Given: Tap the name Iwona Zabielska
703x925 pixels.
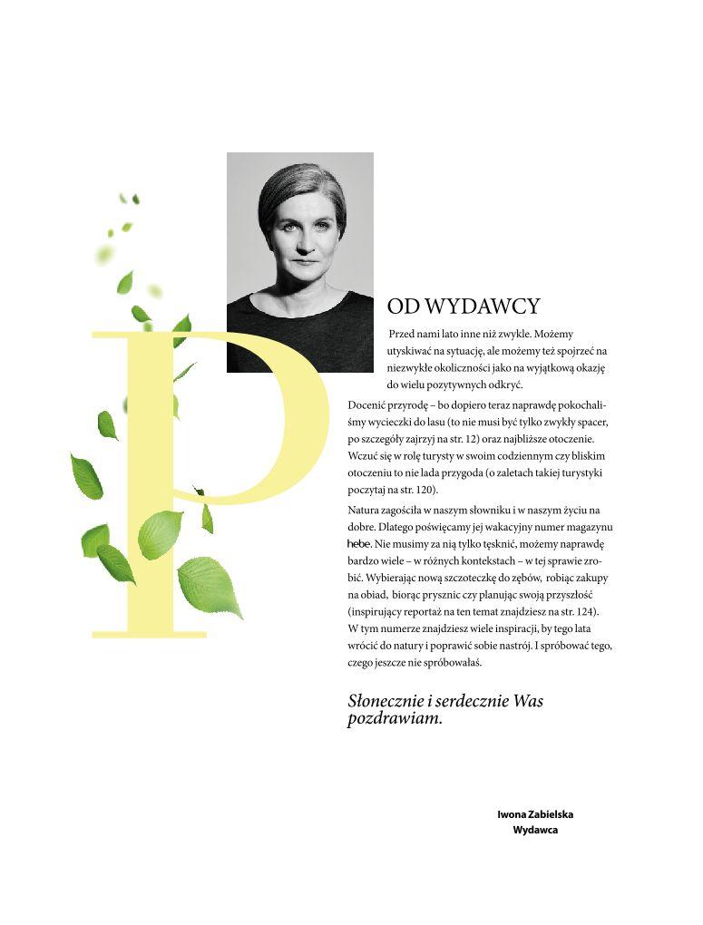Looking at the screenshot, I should pyautogui.click(x=535, y=814).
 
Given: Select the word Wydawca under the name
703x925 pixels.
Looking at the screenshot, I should pyautogui.click(x=535, y=830).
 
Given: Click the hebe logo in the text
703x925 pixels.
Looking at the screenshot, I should pyautogui.click(x=359, y=543).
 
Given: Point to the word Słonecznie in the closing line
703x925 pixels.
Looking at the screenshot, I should pyautogui.click(x=385, y=701).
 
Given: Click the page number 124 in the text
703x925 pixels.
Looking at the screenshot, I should pyautogui.click(x=582, y=611).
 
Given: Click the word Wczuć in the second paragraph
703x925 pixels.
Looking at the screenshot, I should pyautogui.click(x=362, y=456).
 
